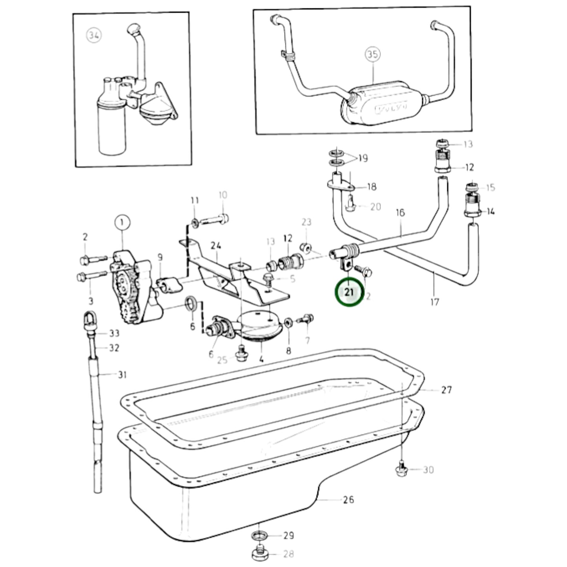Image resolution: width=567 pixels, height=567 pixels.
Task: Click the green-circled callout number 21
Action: tap(349, 292)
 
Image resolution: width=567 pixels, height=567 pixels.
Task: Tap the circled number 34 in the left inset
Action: tap(93, 36)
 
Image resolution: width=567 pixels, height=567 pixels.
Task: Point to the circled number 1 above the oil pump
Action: tap(122, 223)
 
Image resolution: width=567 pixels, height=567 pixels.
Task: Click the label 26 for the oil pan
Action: tap(348, 500)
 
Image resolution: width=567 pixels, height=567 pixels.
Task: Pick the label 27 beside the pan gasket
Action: tap(447, 390)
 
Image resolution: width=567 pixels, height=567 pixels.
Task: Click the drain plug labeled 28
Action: tap(260, 553)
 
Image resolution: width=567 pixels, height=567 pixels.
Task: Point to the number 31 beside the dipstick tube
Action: tap(122, 375)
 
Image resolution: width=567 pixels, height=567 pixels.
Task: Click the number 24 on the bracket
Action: tap(216, 246)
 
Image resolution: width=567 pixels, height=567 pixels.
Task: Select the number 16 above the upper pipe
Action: tap(400, 213)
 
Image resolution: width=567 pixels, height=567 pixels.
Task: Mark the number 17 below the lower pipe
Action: tap(434, 302)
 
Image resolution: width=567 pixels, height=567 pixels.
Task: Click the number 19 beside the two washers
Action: tap(363, 159)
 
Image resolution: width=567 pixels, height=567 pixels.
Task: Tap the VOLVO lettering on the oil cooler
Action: tap(392, 108)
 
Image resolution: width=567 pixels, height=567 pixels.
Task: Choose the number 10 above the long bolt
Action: tap(222, 195)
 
